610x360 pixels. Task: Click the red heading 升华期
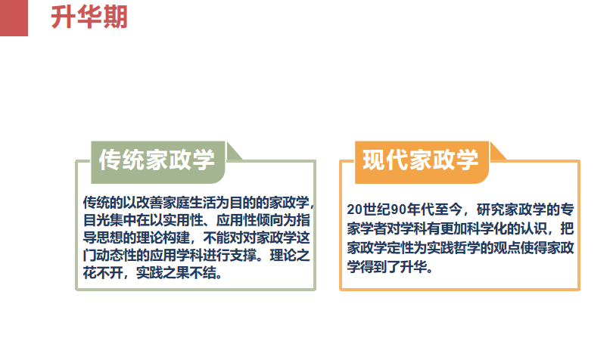coord(89,17)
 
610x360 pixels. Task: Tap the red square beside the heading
coord(14,18)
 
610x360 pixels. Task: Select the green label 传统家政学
coord(157,160)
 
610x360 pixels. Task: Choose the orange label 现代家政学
coord(421,160)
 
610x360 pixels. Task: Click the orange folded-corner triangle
coord(496,154)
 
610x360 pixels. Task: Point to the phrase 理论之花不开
coord(197,264)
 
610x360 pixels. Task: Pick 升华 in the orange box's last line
coord(413,267)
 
